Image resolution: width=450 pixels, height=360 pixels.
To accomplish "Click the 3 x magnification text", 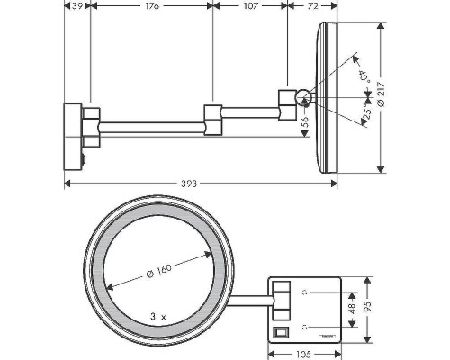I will (x=160, y=317).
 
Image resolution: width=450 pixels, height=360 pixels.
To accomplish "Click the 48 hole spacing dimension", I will (x=351, y=307).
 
